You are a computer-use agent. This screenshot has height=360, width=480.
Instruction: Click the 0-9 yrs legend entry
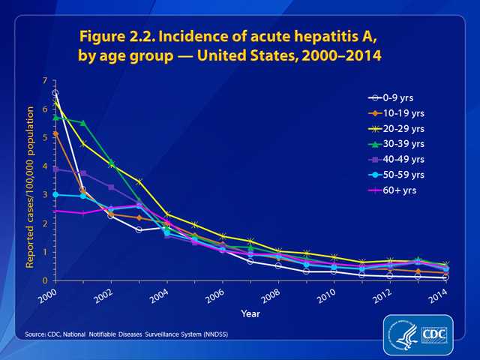(x=391, y=97)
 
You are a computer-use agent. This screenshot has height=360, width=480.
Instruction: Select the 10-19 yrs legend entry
(x=394, y=113)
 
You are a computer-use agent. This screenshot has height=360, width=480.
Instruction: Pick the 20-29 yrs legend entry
(x=394, y=128)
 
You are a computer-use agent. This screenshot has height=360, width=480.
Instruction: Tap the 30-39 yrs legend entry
(x=394, y=144)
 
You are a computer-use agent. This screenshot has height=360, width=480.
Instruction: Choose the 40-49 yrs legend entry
(x=394, y=160)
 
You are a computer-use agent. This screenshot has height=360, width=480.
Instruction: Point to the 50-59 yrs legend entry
(x=394, y=175)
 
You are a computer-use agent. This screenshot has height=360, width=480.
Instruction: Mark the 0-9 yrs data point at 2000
(x=55, y=93)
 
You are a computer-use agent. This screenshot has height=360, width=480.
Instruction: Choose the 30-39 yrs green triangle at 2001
(x=82, y=123)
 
